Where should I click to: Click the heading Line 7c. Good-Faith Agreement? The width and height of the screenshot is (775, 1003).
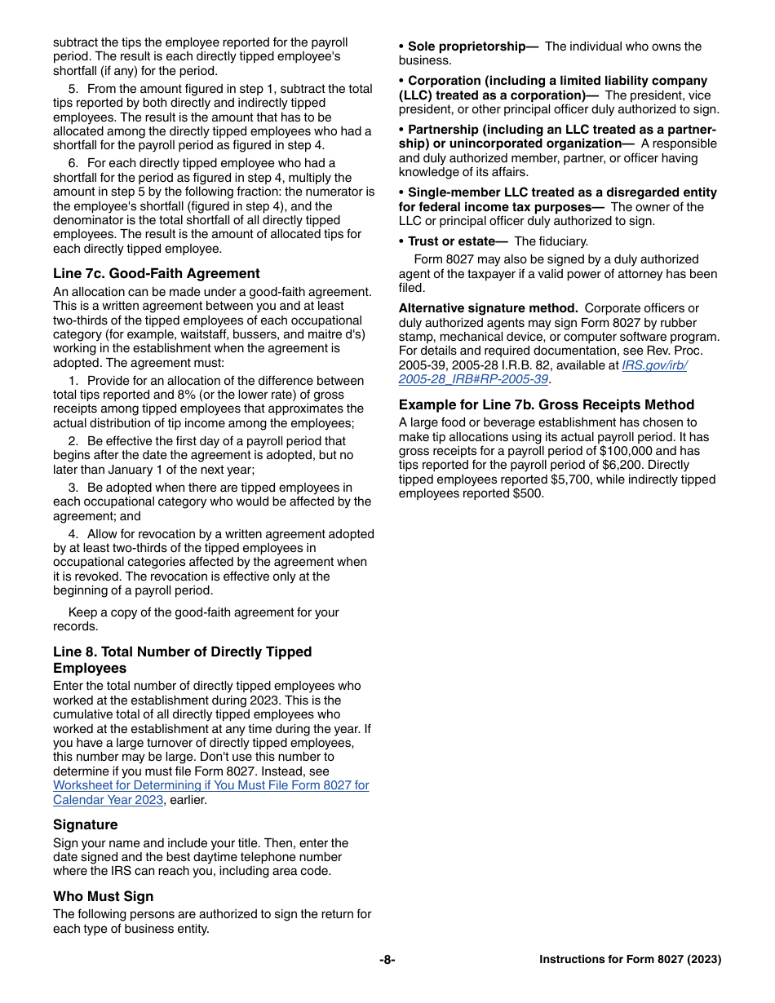coord(157,274)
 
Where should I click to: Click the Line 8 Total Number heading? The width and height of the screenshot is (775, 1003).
coord(182,660)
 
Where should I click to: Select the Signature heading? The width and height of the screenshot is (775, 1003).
coord(86,824)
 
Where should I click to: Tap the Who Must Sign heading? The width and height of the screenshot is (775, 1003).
coord(104,896)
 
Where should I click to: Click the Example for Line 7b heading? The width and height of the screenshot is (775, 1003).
coord(547,404)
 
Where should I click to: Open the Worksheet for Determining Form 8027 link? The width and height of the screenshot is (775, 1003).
coord(210,793)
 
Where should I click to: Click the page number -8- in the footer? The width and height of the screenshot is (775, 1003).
coord(387,960)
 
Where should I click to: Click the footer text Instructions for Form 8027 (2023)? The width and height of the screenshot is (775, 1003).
coord(630,960)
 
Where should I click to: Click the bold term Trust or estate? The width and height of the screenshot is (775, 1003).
coord(455,241)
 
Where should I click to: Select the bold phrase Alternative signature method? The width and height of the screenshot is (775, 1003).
coord(488,308)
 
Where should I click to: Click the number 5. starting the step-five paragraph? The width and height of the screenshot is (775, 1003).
coord(73,89)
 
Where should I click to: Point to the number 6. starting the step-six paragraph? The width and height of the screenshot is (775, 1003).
coord(73,163)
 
